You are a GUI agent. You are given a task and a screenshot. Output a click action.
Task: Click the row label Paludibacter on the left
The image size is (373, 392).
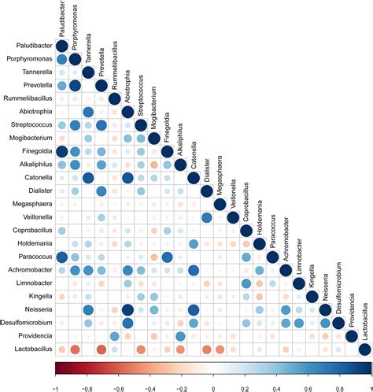(31, 46)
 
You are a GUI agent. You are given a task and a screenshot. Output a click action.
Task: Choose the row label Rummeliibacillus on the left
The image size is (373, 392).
(28, 98)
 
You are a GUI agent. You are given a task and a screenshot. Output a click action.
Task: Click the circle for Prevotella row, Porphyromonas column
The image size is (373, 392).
(75, 85)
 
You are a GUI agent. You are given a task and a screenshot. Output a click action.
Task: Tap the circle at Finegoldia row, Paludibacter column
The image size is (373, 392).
(61, 151)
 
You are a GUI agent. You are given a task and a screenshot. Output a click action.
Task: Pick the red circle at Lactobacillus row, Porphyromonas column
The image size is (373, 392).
(75, 349)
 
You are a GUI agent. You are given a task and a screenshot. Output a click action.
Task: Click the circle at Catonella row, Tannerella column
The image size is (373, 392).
(88, 178)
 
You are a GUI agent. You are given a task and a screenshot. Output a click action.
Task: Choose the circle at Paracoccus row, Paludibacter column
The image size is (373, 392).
(61, 257)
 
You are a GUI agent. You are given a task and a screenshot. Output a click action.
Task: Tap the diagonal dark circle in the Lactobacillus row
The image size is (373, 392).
(364, 349)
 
